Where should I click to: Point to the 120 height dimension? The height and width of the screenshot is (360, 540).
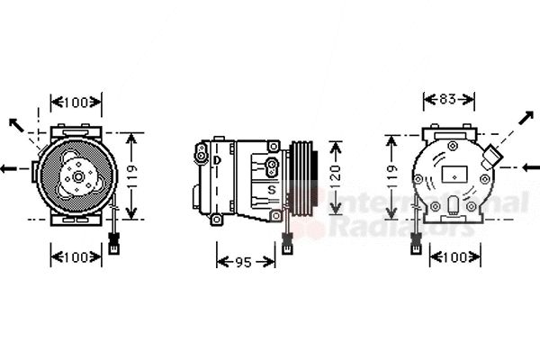coord(335,179)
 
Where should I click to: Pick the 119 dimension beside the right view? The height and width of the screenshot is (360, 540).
coord(391,179)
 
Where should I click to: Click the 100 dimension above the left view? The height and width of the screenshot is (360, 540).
coord(75,103)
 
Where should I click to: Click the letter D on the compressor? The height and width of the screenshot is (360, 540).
coord(217,160)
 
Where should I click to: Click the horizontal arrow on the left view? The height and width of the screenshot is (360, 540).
coord(11,168)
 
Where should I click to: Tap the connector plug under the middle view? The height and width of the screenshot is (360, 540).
coord(285,244)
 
